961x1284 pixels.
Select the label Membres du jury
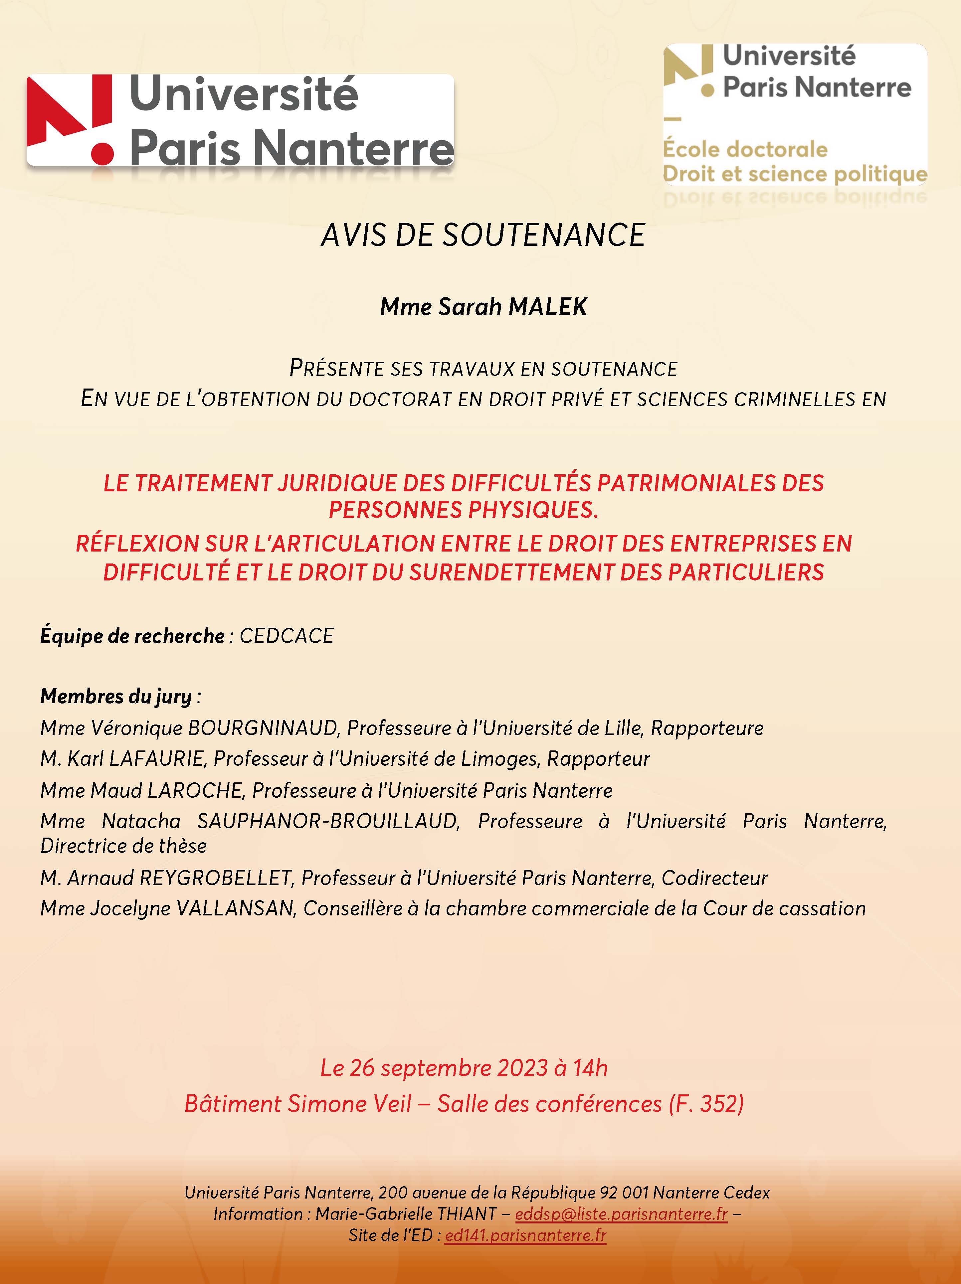point(116,696)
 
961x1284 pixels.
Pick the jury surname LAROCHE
point(195,790)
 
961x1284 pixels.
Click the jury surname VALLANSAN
point(236,908)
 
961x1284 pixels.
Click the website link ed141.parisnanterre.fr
point(525,1235)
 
